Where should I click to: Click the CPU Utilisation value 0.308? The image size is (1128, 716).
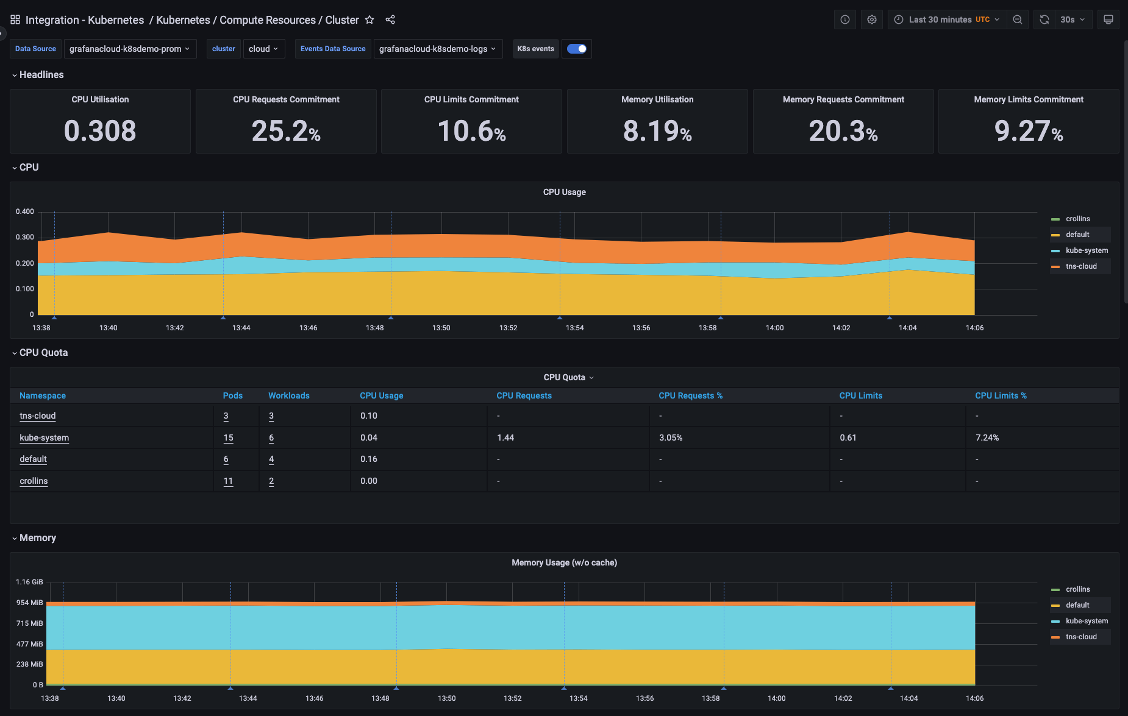100,131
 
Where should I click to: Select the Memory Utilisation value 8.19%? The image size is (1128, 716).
657,131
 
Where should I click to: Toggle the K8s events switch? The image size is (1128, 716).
576,49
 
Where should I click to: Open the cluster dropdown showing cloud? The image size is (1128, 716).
263,49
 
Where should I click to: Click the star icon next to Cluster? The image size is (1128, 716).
369,19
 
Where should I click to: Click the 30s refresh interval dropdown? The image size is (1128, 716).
1073,19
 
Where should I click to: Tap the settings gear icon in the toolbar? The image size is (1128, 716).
872,19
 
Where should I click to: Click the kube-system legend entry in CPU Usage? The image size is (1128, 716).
1087,250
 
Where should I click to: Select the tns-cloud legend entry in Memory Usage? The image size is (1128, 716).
1081,637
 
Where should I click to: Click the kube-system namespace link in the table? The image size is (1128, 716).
44,438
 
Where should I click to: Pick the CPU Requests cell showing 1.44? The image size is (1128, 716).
505,438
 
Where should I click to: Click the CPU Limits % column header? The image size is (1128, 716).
1001,395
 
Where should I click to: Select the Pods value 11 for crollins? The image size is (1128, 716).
228,481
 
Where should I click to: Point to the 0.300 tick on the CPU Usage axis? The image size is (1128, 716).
25,237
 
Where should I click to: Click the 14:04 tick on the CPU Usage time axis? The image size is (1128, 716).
907,328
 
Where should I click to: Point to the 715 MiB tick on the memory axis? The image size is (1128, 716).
29,623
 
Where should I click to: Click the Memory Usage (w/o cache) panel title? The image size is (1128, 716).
564,562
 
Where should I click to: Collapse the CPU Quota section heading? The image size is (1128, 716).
43,353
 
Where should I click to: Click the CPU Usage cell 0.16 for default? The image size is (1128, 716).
368,459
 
